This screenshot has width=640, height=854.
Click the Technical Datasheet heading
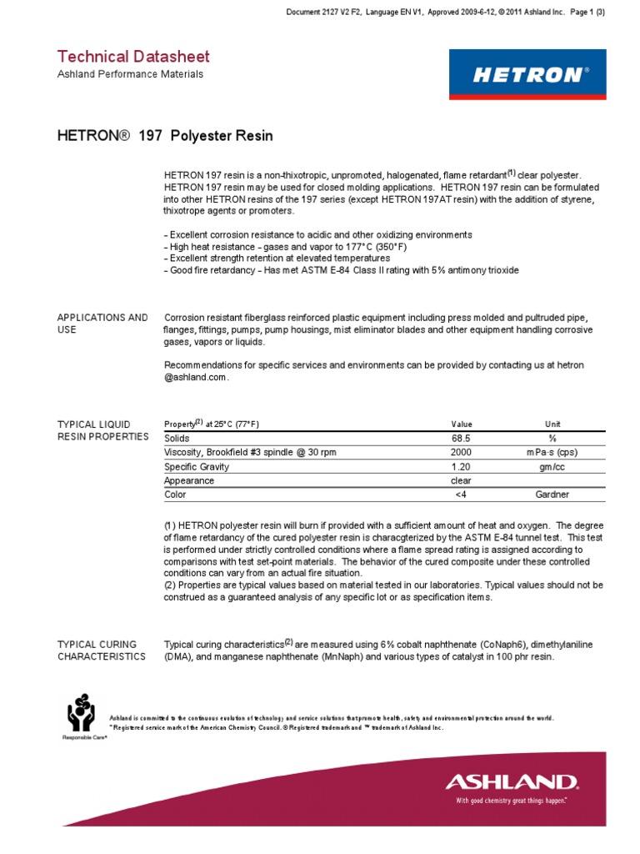click(x=133, y=57)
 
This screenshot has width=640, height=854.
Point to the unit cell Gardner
click(x=552, y=495)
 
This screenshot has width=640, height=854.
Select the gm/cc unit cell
click(x=552, y=466)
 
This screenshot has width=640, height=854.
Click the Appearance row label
click(x=189, y=480)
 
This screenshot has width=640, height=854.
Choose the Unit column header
click(x=552, y=424)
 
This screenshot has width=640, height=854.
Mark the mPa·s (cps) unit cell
click(x=552, y=452)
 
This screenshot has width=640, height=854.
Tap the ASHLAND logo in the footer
click(x=511, y=782)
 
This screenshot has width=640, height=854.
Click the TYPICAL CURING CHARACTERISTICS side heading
click(x=101, y=651)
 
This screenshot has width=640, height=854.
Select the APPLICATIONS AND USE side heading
click(x=102, y=324)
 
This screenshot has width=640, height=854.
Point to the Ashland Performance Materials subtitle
click(x=129, y=74)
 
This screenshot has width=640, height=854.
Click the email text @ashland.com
click(x=196, y=377)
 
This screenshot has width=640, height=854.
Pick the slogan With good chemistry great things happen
click(x=511, y=801)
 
